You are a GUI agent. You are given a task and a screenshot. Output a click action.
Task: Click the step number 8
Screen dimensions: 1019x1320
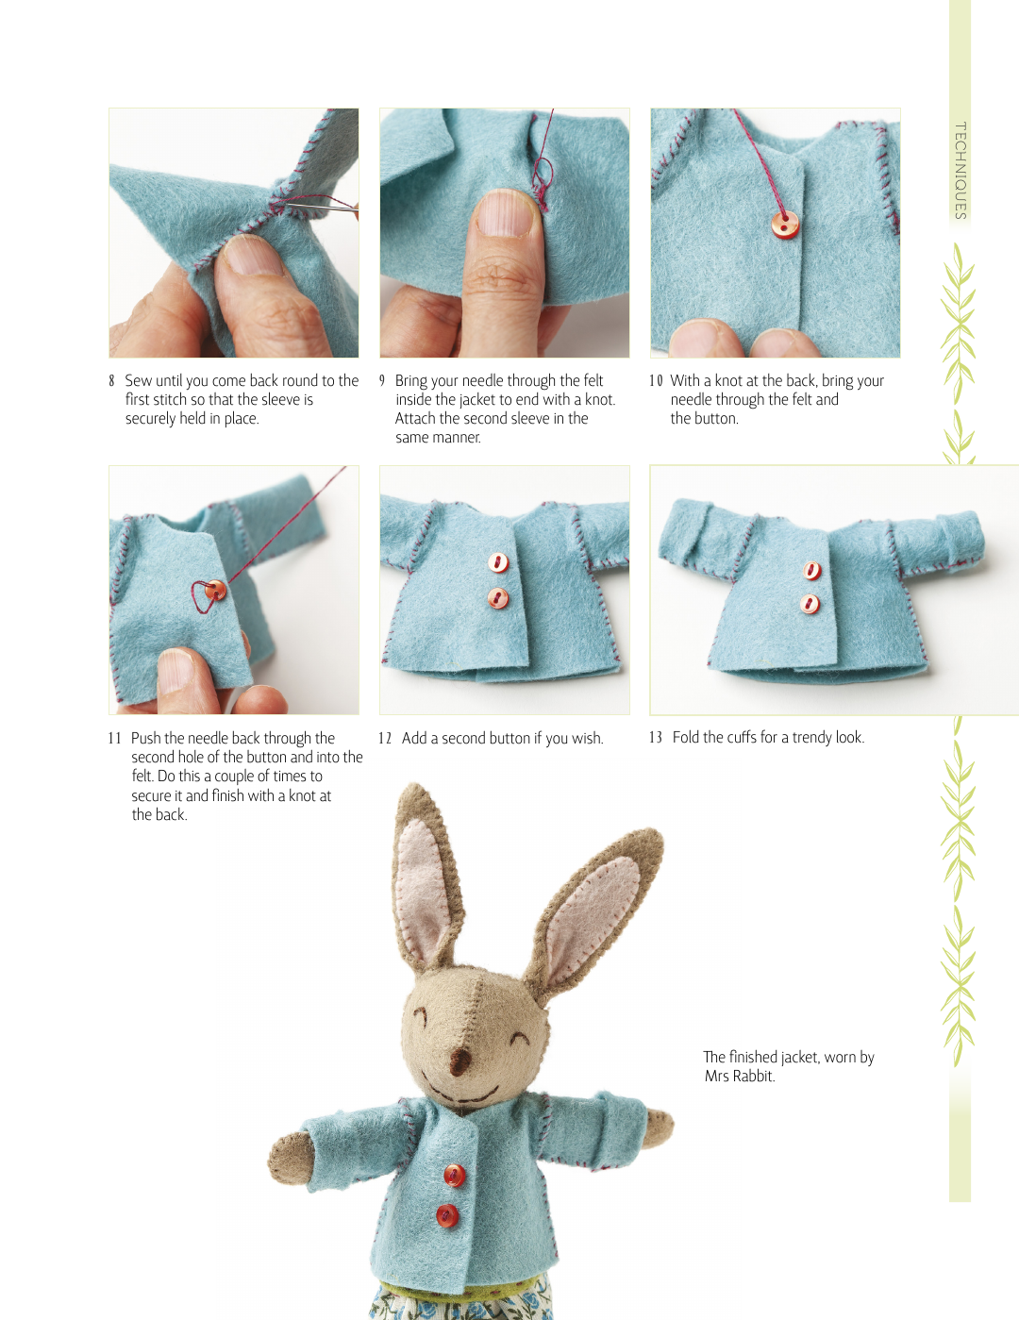click(111, 381)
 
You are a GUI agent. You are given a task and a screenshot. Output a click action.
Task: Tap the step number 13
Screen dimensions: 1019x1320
click(655, 738)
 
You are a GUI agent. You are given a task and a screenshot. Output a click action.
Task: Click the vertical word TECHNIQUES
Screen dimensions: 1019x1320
click(961, 171)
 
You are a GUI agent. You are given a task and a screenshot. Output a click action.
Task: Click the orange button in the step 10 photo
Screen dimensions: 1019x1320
click(785, 225)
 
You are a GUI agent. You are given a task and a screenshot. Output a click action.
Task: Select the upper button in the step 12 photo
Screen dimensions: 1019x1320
click(498, 562)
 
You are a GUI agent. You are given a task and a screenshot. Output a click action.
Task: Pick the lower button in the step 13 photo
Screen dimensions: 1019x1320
click(810, 604)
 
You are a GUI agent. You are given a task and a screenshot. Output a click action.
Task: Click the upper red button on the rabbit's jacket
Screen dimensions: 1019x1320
click(454, 1176)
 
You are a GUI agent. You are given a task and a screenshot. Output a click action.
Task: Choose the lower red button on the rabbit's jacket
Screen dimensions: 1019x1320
click(447, 1215)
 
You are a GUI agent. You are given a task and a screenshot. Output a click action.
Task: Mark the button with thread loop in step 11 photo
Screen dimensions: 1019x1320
click(214, 591)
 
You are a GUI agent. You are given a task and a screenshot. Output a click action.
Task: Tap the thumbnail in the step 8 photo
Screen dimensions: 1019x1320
click(250, 257)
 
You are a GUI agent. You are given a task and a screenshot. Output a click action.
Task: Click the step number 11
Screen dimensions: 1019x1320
click(115, 739)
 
